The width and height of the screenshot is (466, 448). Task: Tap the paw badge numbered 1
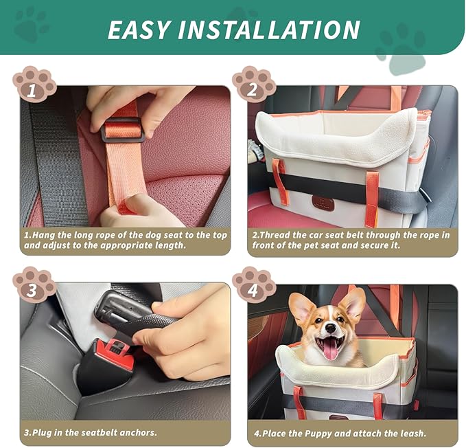click(34, 84)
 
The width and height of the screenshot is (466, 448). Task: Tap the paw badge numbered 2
click(253, 84)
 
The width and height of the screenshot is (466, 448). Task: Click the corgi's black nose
click(330, 331)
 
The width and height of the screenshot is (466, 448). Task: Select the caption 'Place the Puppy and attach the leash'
click(339, 432)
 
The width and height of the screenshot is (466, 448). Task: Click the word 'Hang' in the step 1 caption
click(44, 235)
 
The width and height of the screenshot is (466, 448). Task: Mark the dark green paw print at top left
click(31, 24)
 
